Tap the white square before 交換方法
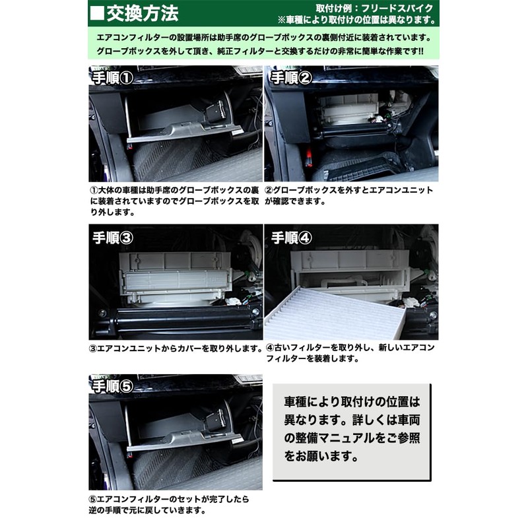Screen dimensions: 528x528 click(x=97, y=13)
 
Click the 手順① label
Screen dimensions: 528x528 click(x=112, y=79)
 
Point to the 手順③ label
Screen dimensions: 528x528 click(x=112, y=238)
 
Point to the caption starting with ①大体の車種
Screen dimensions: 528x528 click(x=175, y=201)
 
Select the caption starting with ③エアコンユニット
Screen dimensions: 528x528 click(x=176, y=347)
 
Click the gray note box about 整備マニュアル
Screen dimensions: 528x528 click(x=352, y=428)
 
